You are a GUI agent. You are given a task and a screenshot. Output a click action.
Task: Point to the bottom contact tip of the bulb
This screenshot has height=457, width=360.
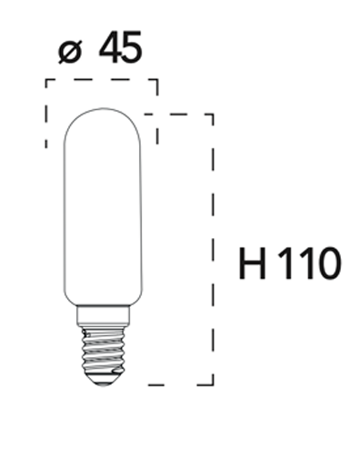click(102, 381)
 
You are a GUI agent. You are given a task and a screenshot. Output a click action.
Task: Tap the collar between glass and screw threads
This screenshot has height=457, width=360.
click(102, 316)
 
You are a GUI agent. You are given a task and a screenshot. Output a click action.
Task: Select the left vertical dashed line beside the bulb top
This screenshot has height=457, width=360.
click(46, 114)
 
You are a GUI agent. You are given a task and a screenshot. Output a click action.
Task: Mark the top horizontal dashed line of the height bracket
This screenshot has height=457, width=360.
click(182, 115)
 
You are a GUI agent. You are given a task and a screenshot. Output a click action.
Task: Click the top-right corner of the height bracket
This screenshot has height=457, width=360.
click(213, 115)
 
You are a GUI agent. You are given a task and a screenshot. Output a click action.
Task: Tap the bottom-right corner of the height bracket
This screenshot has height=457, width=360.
click(213, 383)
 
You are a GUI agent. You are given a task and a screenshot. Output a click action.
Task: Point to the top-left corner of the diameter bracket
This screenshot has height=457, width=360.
click(46, 80)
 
